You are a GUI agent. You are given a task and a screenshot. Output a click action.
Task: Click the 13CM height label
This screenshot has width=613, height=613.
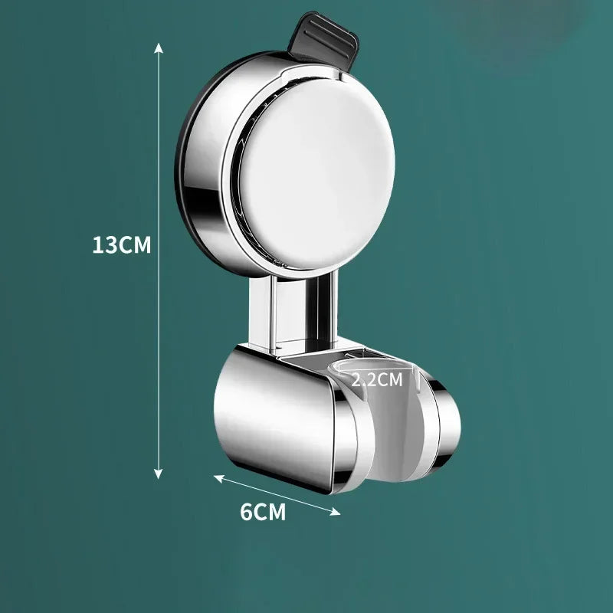click(x=121, y=245)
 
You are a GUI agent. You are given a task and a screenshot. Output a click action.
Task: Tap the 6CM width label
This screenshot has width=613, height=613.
click(x=262, y=512)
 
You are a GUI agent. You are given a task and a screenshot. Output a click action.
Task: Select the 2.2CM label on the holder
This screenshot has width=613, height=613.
click(x=376, y=379)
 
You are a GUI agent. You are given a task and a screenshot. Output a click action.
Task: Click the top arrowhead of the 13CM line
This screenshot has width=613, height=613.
click(x=159, y=46)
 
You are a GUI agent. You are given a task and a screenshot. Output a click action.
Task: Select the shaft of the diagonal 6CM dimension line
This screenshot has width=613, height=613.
click(x=276, y=495)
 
